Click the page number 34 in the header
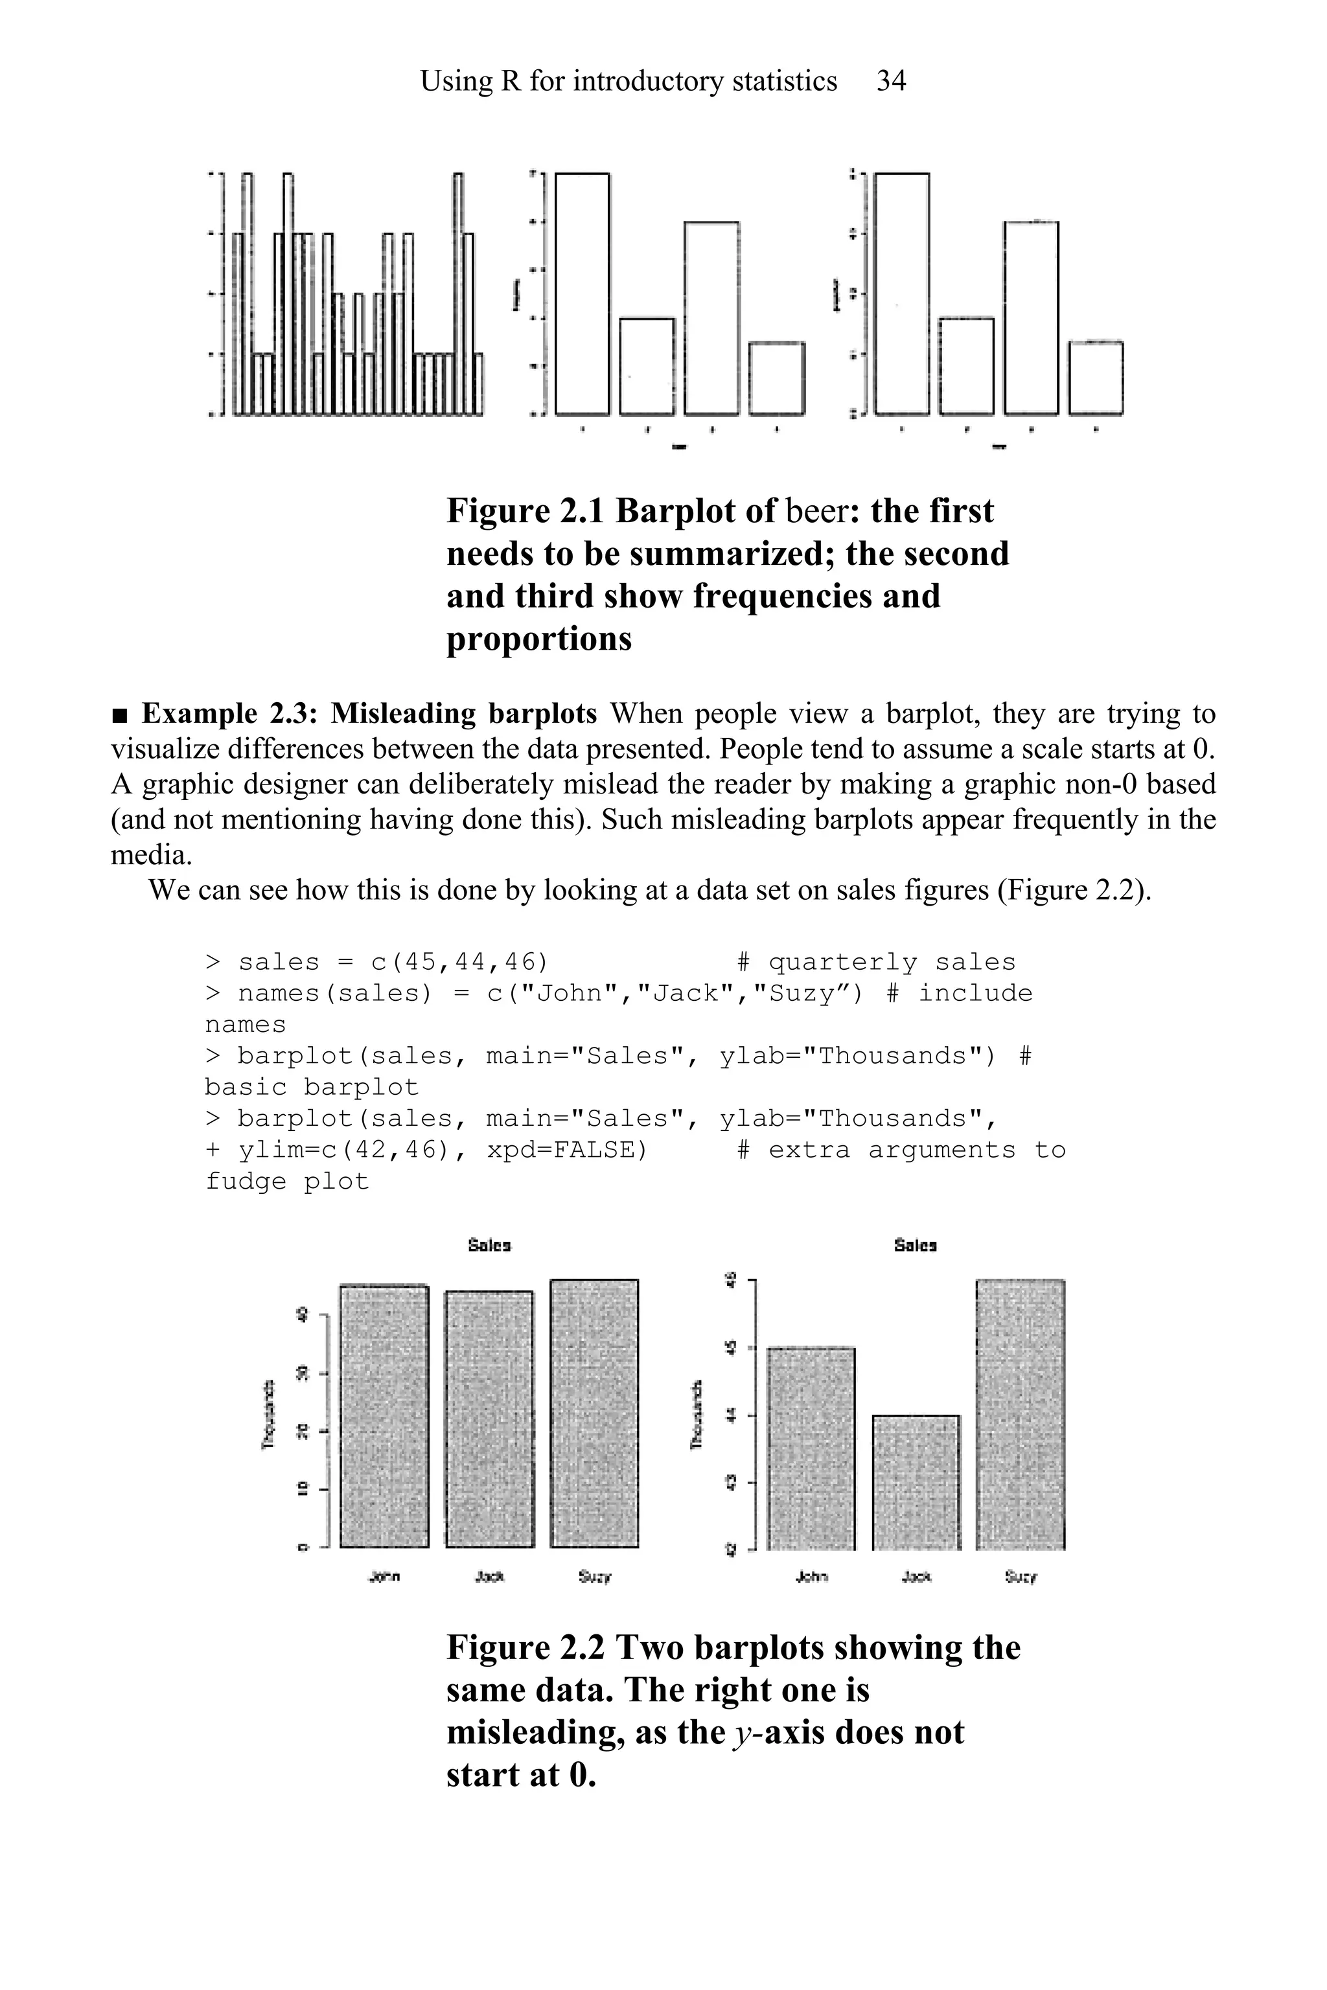[x=891, y=81]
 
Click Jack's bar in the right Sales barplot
[x=916, y=1481]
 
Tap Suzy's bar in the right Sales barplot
[x=1020, y=1414]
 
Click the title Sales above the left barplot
[x=489, y=1246]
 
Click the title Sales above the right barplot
[x=915, y=1246]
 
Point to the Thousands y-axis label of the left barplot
[x=268, y=1414]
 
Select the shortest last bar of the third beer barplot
[x=1096, y=378]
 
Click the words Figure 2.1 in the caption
[x=525, y=511]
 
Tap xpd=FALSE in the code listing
[x=567, y=1150]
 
